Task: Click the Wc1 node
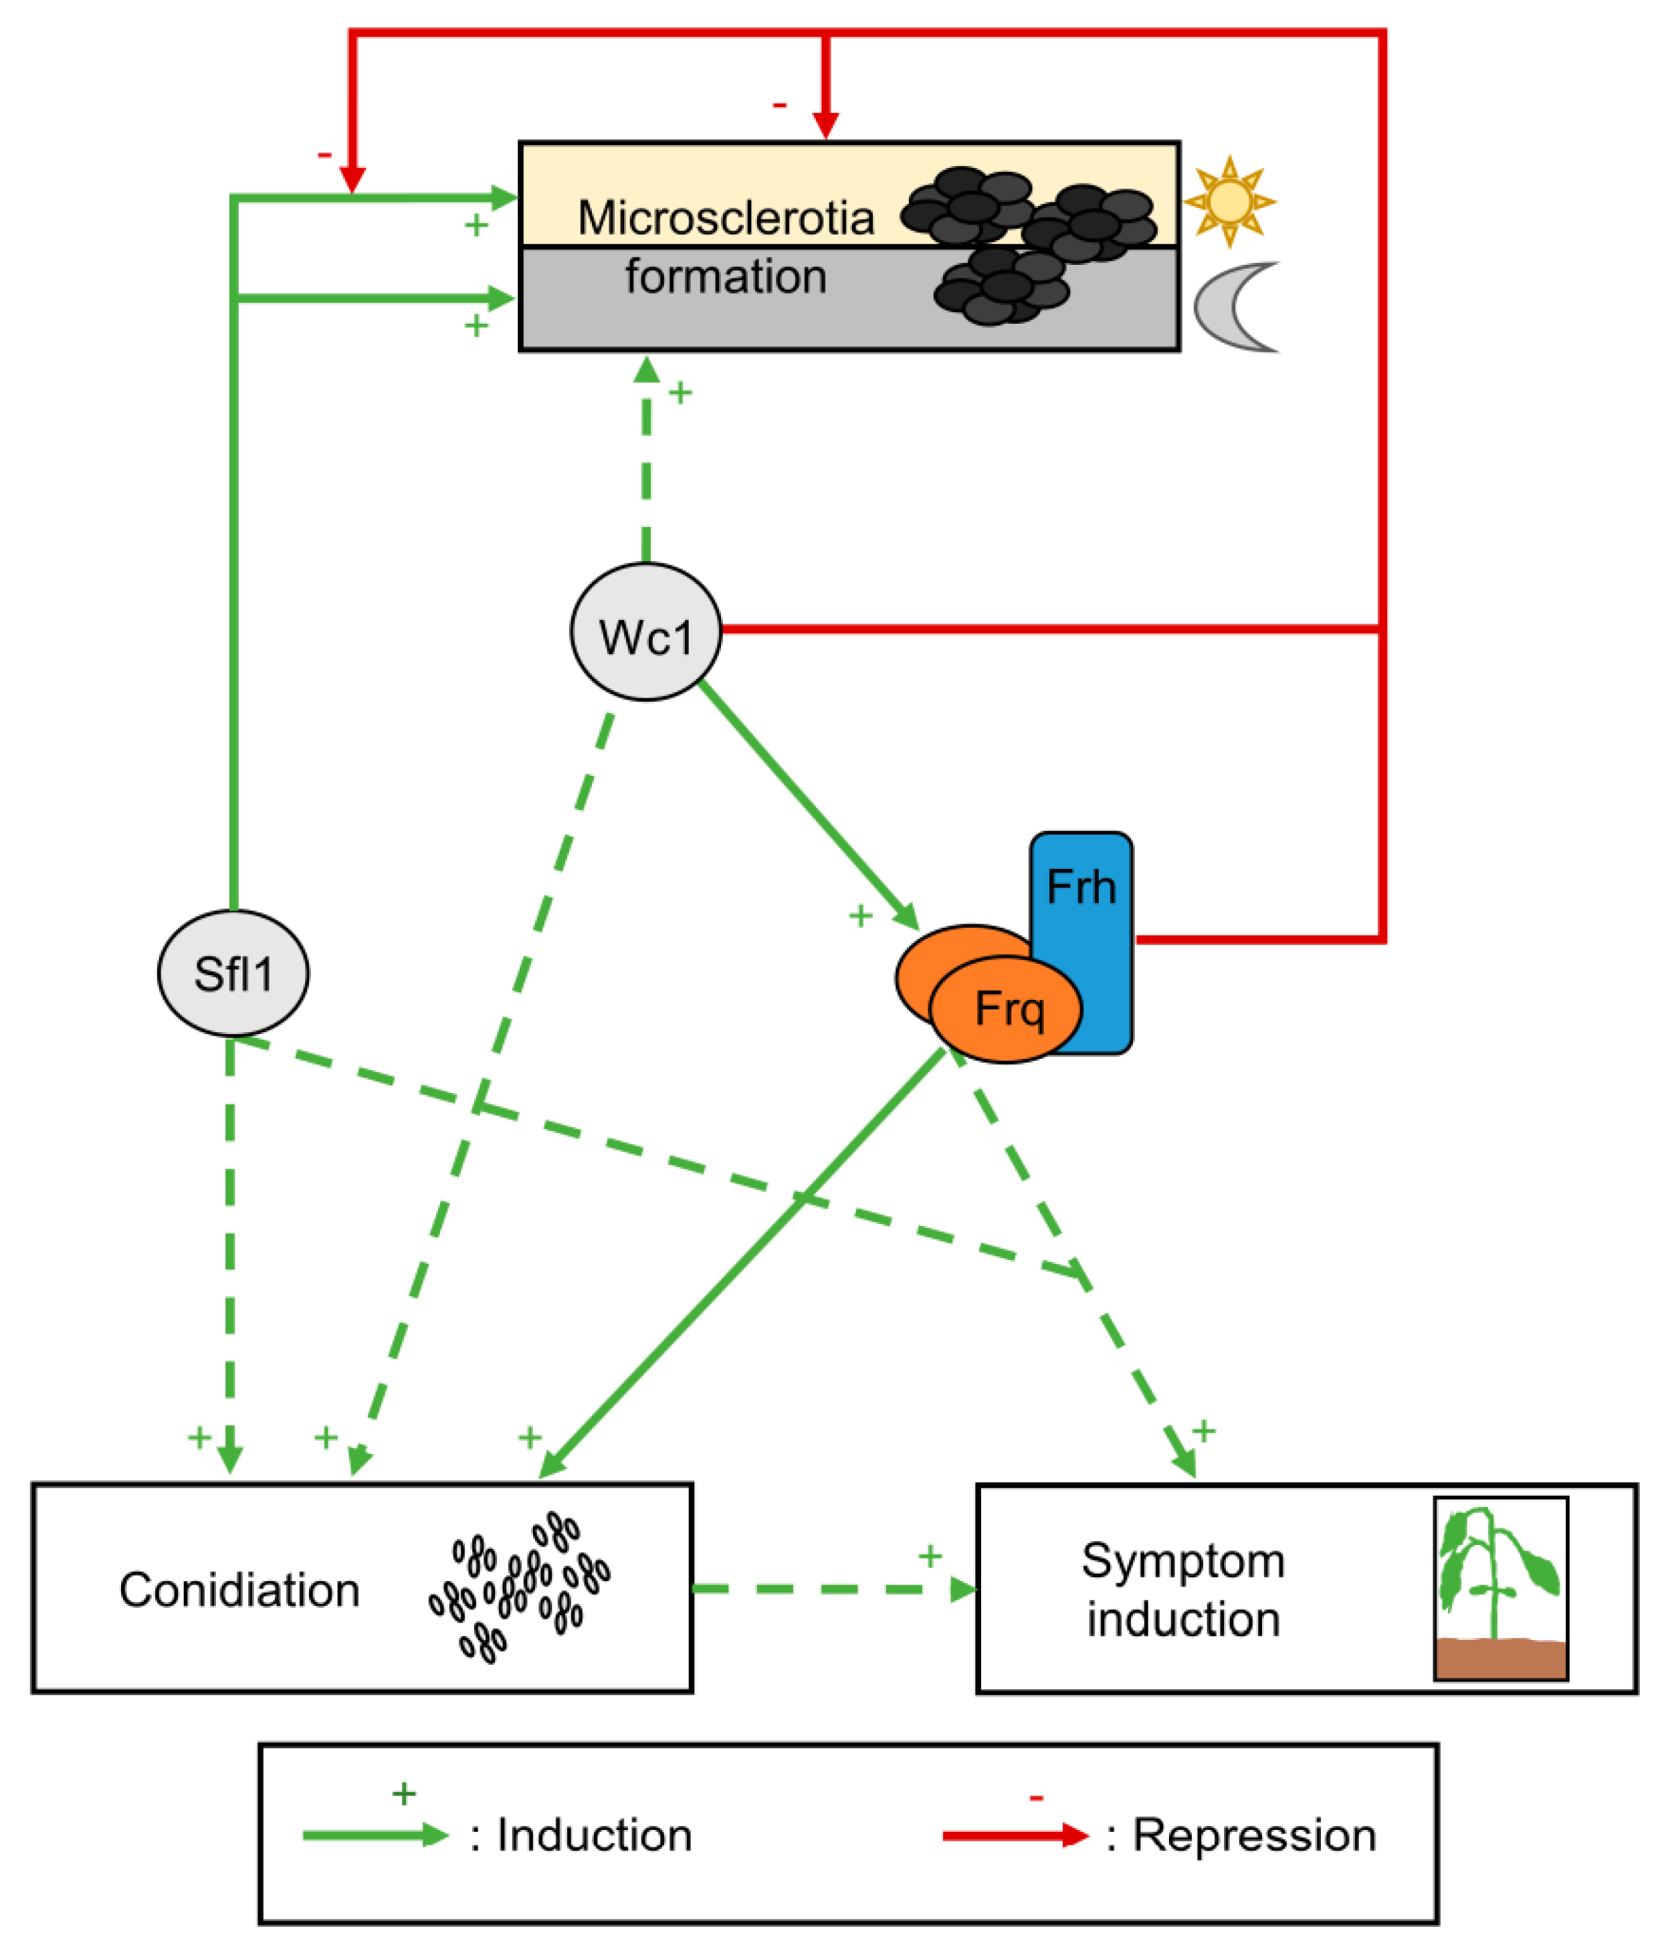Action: [x=645, y=631]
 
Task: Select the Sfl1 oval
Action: [x=233, y=972]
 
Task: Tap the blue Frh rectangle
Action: [x=1081, y=942]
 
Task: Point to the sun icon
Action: [x=1229, y=201]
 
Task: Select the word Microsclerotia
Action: [x=726, y=218]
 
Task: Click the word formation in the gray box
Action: [x=726, y=277]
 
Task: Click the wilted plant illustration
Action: [x=1501, y=1588]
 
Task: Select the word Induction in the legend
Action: [x=595, y=1835]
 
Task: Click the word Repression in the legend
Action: [x=1254, y=1835]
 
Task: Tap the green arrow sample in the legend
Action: [x=376, y=1835]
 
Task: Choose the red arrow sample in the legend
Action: [x=1016, y=1835]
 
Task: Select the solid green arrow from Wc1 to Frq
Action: [x=809, y=805]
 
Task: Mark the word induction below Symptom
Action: [x=1184, y=1620]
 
